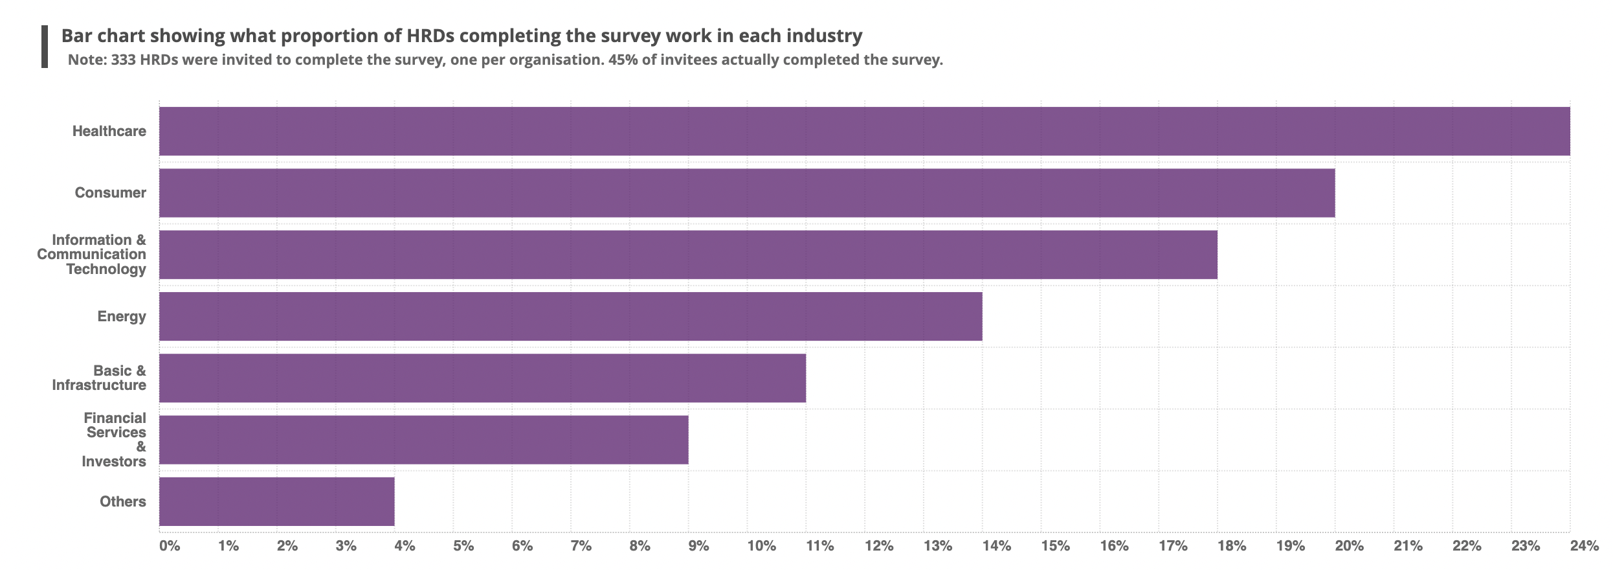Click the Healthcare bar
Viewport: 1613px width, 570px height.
click(864, 131)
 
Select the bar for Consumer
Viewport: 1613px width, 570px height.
click(746, 193)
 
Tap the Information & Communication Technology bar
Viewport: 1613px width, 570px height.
click(688, 255)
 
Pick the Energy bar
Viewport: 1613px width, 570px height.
click(570, 316)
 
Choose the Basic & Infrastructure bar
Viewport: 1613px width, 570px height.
click(482, 378)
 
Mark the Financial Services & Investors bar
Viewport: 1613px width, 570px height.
click(423, 440)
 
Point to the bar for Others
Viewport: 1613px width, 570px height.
click(276, 501)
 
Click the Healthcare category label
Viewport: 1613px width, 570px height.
click(109, 131)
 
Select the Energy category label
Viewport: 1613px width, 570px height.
click(122, 317)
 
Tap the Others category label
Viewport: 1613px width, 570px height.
click(122, 502)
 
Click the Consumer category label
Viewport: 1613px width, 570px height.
click(110, 193)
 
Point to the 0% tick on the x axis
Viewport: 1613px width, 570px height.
click(170, 546)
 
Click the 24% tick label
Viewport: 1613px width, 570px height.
click(1583, 546)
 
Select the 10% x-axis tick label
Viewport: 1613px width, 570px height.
click(761, 546)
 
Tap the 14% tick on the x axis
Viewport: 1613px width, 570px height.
click(996, 546)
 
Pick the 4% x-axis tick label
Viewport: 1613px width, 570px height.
click(405, 546)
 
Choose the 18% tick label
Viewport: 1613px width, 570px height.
click(1231, 546)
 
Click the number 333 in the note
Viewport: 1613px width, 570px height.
click(123, 60)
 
